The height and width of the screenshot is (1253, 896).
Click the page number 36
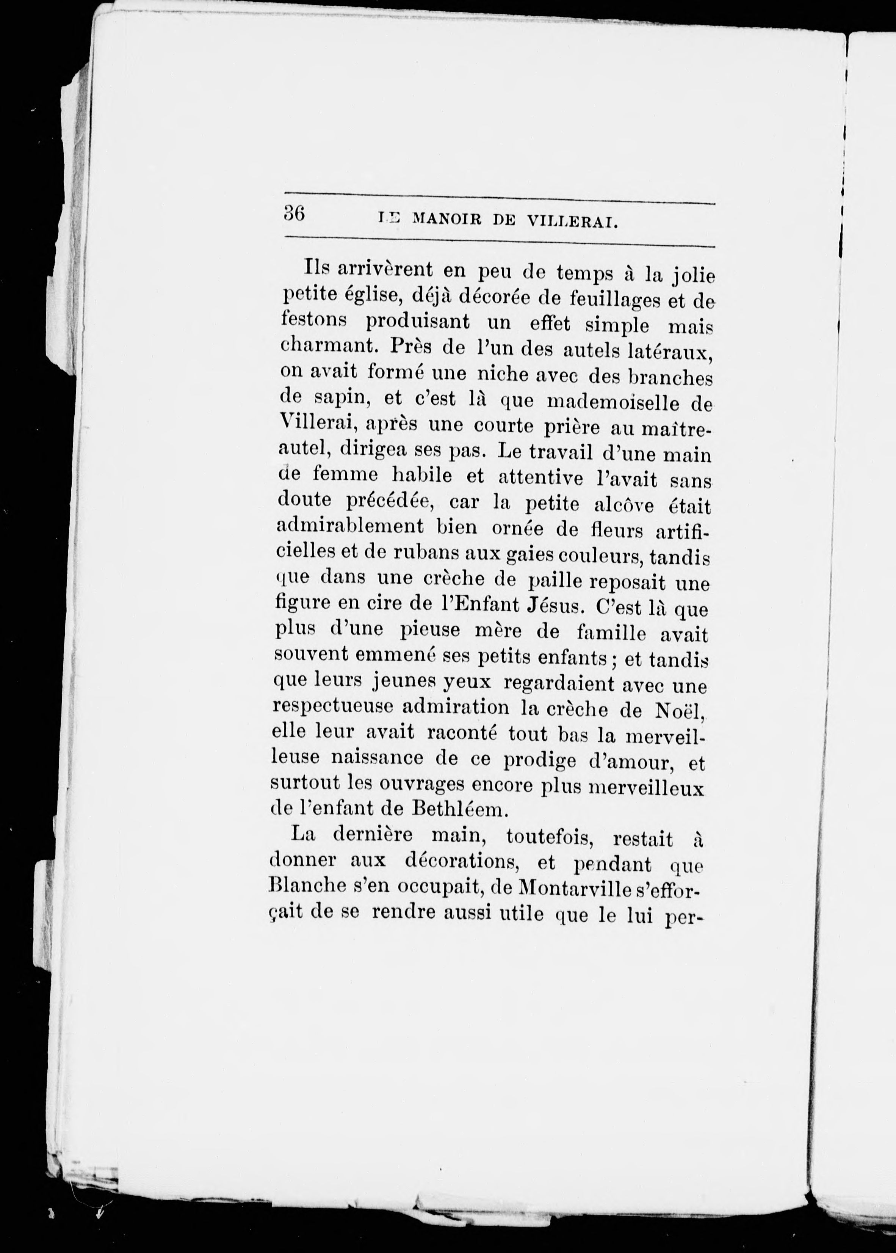[x=294, y=213]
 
